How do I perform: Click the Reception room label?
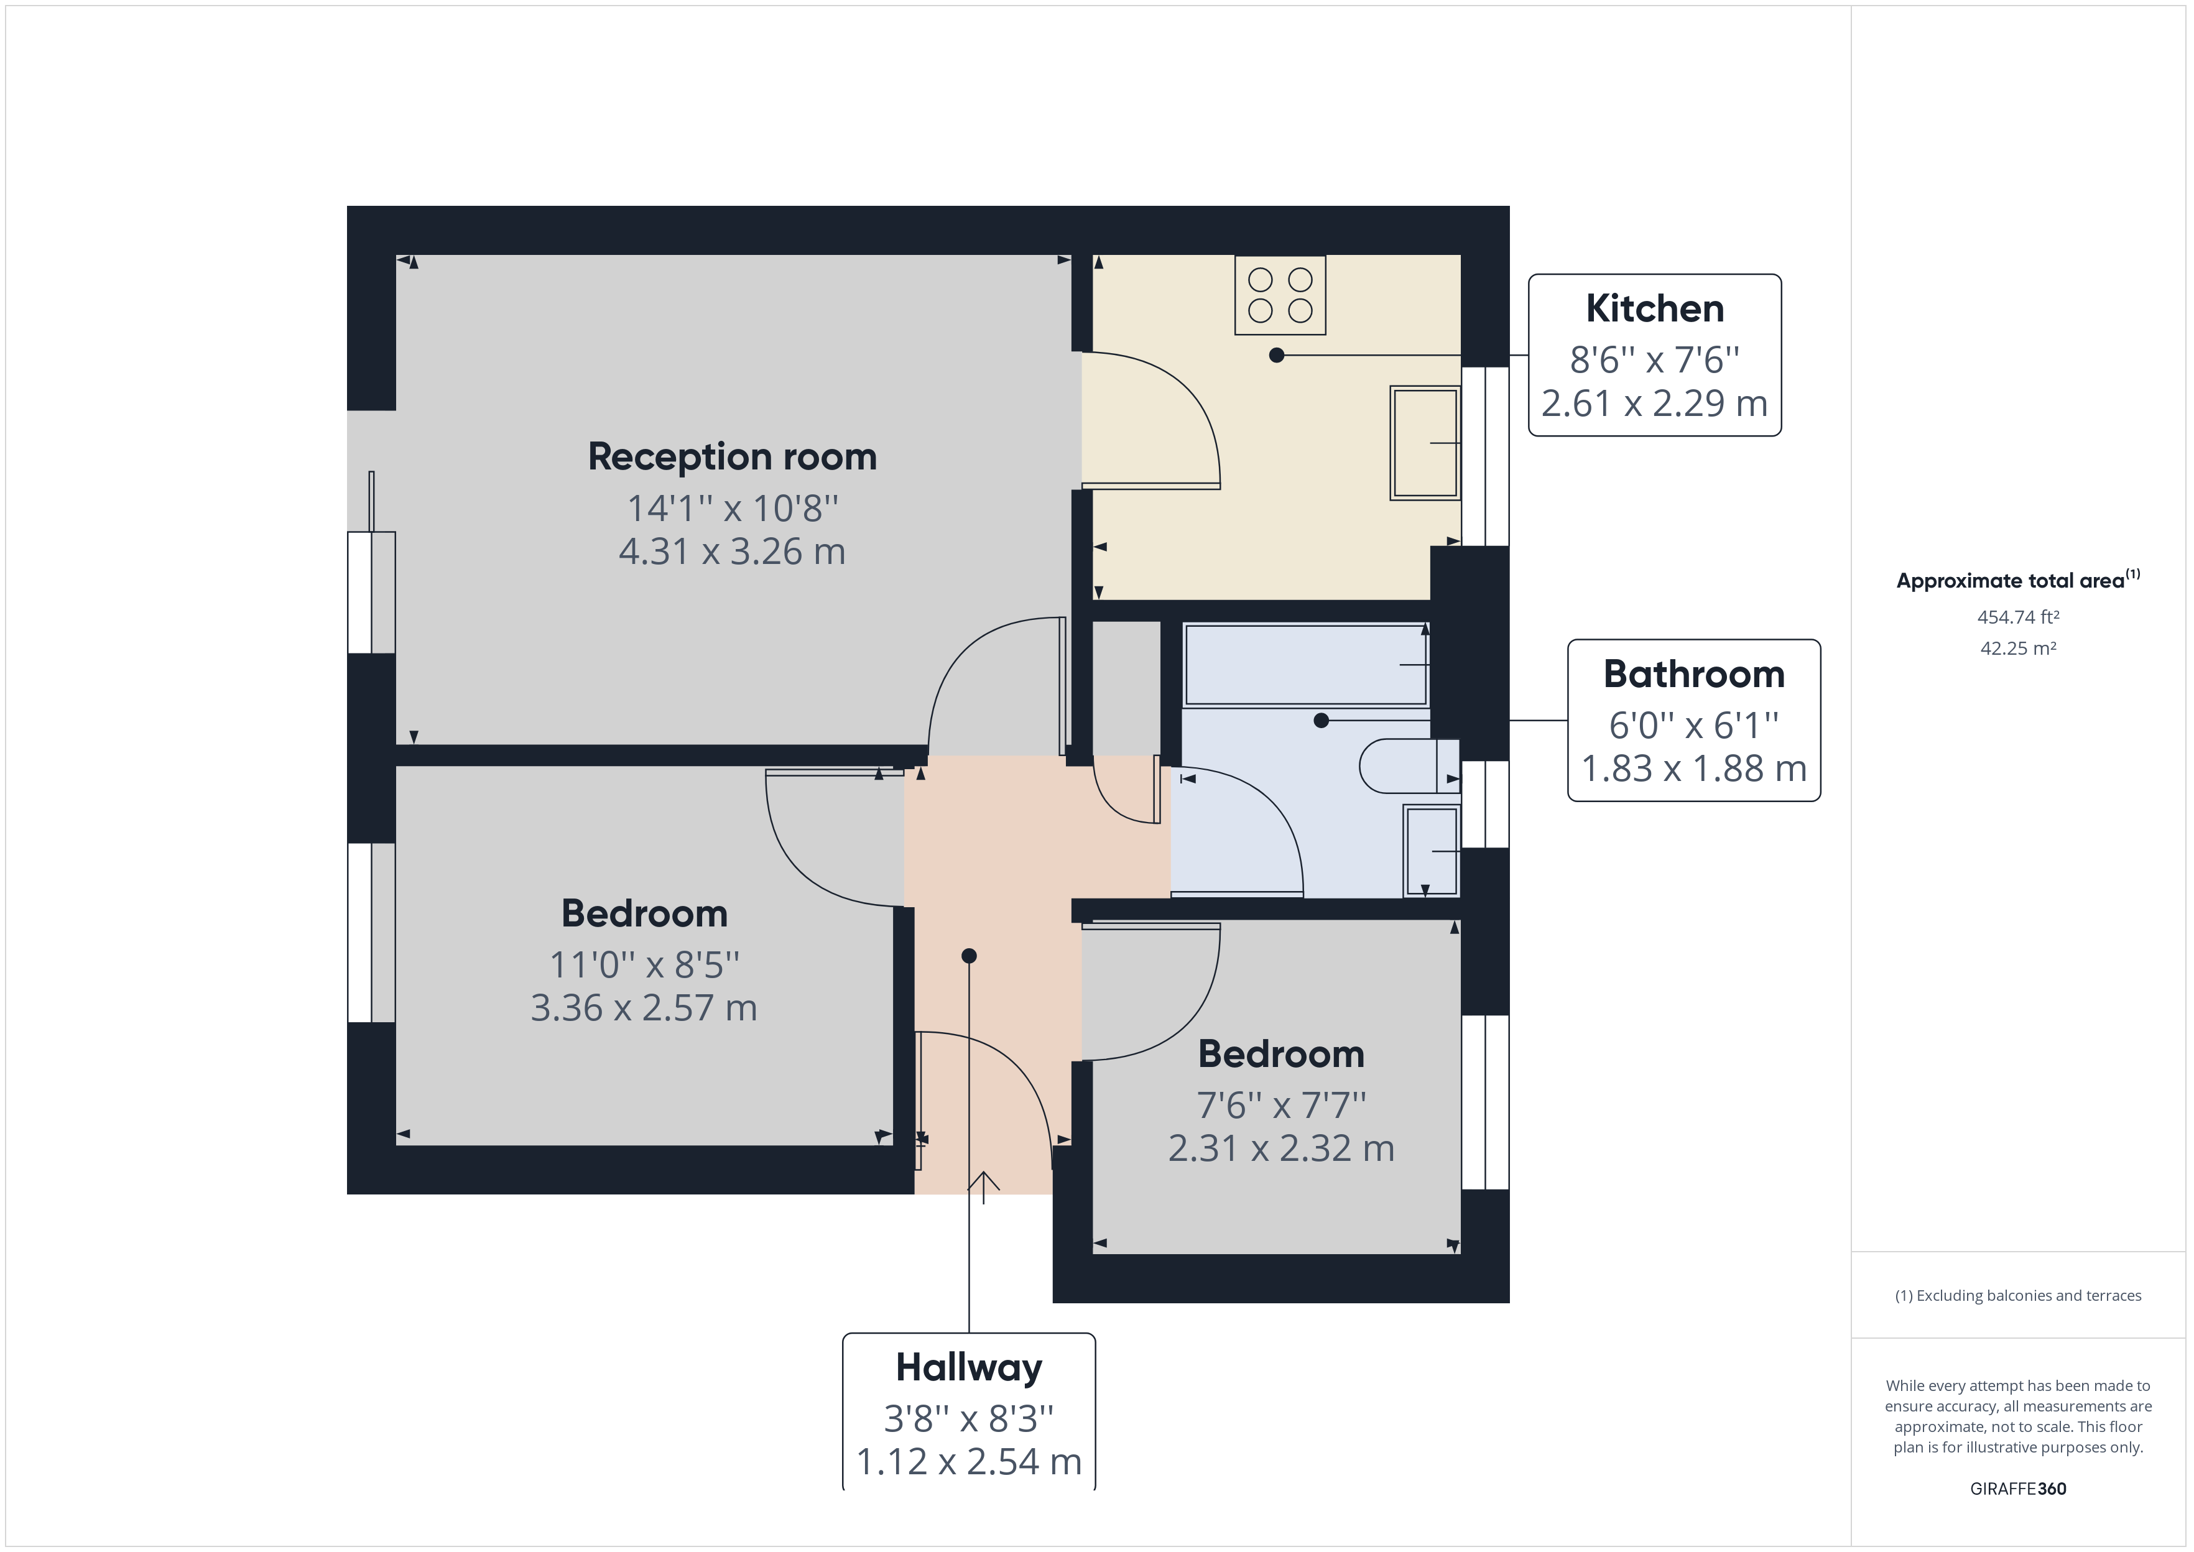point(732,457)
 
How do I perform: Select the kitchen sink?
point(1424,443)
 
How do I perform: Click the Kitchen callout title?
point(1654,308)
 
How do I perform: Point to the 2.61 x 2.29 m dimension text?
point(1654,404)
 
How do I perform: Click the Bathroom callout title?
point(1693,675)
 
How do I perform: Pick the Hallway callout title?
point(968,1367)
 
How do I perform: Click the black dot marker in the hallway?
point(969,956)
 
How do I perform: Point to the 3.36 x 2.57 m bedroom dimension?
point(643,1008)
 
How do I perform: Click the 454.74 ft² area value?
point(2017,617)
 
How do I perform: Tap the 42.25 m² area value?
point(2017,648)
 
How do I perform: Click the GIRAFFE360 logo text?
point(2017,1489)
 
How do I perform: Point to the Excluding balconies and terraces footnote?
point(2017,1296)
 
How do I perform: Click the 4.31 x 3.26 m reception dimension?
point(732,552)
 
